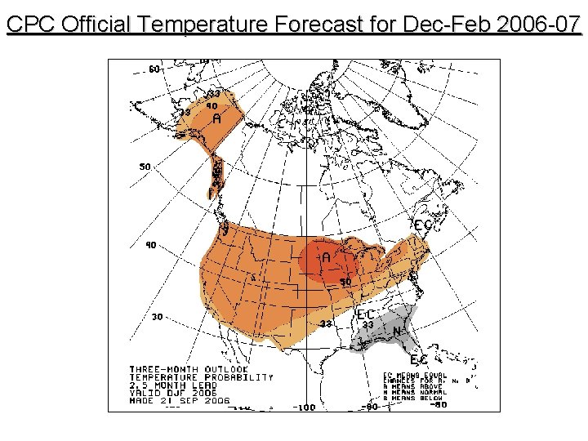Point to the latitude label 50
click(x=145, y=167)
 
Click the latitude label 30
click(x=157, y=317)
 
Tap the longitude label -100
click(x=305, y=407)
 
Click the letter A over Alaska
click(x=217, y=118)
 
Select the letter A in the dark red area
click(x=326, y=257)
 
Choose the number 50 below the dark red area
click(x=346, y=282)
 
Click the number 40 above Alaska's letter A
click(x=212, y=105)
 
